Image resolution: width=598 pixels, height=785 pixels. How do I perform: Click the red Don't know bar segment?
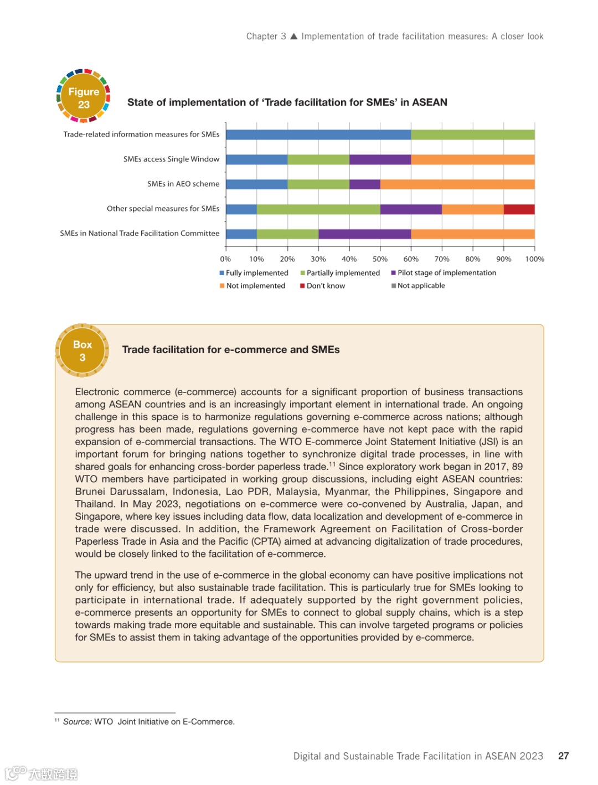[x=519, y=209]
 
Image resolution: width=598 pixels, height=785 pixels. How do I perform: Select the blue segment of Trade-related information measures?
[x=318, y=135]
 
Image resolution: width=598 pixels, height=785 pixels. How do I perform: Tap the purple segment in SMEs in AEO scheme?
[x=364, y=184]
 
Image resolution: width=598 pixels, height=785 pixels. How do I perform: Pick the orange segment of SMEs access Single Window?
[x=472, y=159]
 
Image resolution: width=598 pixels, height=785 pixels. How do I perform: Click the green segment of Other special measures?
[x=318, y=209]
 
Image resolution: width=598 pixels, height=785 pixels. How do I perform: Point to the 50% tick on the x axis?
[x=380, y=259]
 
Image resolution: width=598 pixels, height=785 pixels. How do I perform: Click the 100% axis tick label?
[x=534, y=259]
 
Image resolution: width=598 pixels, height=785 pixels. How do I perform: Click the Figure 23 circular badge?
[x=84, y=97]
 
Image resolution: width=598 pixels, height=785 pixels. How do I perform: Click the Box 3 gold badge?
[x=82, y=350]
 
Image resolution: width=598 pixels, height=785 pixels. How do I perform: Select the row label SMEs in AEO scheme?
[x=183, y=184]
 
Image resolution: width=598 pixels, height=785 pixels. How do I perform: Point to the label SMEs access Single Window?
[x=171, y=159]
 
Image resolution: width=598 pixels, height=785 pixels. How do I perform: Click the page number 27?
[x=563, y=756]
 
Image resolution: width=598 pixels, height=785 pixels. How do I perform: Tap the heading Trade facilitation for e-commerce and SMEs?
[x=231, y=349]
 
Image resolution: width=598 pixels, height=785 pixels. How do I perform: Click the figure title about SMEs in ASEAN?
[x=287, y=102]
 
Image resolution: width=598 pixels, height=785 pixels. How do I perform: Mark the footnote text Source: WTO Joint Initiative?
[x=148, y=721]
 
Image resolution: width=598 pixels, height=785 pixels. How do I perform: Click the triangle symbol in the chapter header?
[x=294, y=37]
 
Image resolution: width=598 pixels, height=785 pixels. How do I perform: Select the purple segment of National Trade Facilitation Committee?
[x=364, y=234]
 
